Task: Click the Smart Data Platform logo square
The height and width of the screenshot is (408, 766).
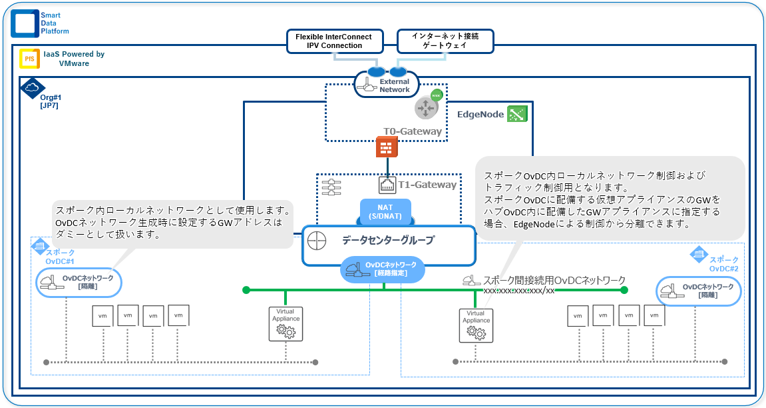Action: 25,23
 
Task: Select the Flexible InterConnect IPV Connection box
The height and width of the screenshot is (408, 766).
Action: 334,41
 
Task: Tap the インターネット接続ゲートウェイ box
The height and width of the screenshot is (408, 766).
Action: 445,41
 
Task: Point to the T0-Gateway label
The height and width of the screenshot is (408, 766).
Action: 412,131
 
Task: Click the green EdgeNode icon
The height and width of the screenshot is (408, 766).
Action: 516,114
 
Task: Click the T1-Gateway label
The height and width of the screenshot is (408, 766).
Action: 427,185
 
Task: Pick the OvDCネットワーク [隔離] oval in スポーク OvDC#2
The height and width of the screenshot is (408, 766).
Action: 699,291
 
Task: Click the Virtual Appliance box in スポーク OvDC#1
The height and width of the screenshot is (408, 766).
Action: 286,324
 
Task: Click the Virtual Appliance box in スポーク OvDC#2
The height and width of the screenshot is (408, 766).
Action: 475,325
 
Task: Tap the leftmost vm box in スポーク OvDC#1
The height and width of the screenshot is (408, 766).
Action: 102,317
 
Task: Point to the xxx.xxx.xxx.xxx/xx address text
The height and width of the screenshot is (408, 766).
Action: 518,291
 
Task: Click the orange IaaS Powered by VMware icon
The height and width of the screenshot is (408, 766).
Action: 29,59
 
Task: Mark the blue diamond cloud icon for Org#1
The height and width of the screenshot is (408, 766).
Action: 32,88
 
